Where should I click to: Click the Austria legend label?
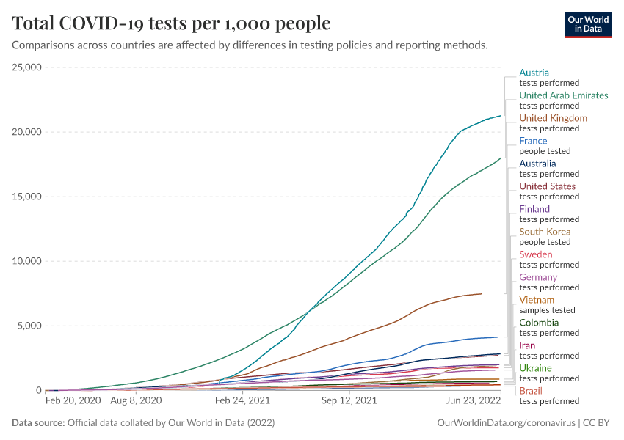[534, 73]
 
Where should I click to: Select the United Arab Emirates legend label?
[563, 95]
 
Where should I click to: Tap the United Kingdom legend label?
[553, 118]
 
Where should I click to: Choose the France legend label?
[533, 141]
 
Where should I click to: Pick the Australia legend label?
[537, 164]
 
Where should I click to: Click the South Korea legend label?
[545, 232]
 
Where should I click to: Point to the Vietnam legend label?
[537, 300]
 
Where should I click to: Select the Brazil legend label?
[531, 391]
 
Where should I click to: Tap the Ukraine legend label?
[535, 368]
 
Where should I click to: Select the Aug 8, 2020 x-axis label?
[135, 401]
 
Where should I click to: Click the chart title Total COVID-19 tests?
[171, 23]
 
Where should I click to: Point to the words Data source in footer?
[37, 423]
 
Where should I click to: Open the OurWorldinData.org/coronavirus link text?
[506, 423]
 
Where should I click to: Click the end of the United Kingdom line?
[482, 293]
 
